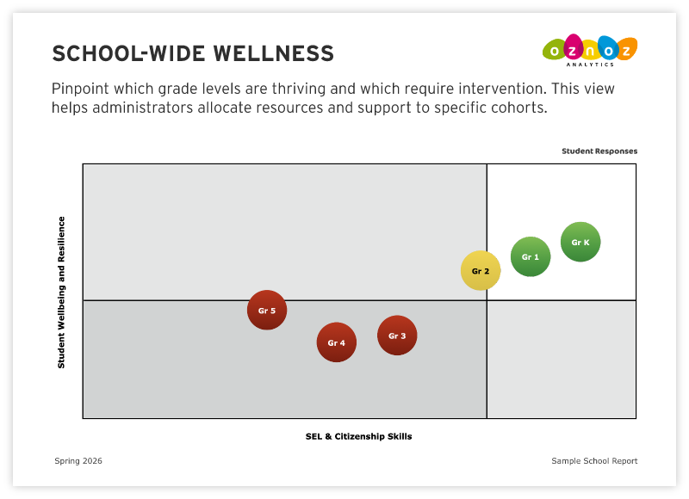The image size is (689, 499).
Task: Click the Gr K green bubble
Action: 580,242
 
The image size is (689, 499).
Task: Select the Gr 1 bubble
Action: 531,256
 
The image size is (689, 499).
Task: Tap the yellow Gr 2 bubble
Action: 481,271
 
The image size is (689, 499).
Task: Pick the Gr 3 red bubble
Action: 397,336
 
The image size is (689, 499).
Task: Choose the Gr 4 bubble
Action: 336,342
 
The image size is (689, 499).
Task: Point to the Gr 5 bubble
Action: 267,311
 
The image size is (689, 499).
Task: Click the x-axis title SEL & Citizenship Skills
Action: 358,436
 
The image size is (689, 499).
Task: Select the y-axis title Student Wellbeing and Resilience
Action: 61,293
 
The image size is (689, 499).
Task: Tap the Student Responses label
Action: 599,151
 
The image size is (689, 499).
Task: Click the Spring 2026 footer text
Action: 78,461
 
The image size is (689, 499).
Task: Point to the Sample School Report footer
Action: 594,461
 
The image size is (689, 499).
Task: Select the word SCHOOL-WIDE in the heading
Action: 128,53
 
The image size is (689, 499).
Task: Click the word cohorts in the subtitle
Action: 519,108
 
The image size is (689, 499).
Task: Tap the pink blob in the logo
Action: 574,46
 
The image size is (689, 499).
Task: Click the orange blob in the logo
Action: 626,48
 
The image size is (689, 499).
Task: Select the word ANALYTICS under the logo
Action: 590,65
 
